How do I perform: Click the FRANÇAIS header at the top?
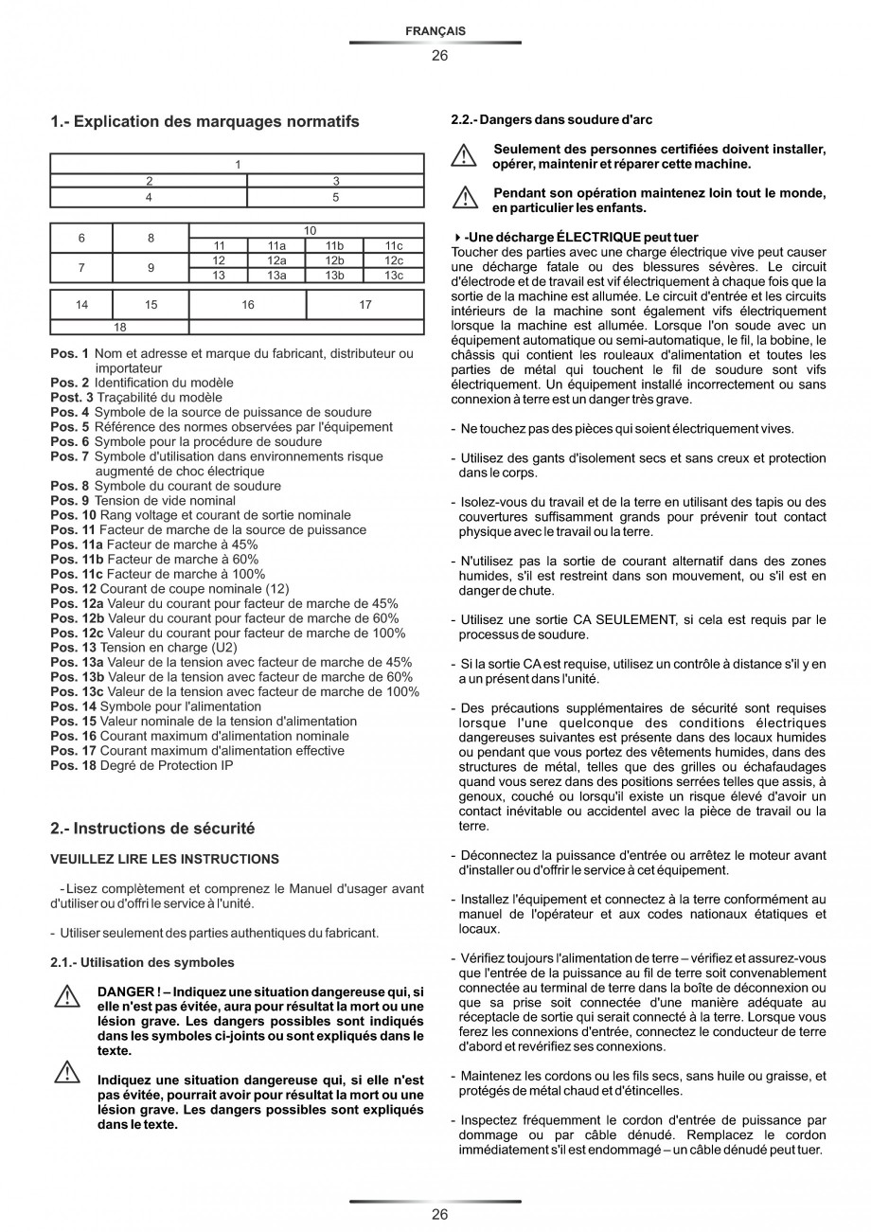[435, 31]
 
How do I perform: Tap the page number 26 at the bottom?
[439, 1215]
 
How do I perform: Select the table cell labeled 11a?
[276, 245]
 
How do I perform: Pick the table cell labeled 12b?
[335, 260]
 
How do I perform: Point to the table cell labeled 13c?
[394, 276]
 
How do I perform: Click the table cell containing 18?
[120, 328]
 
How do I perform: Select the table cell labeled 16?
[248, 305]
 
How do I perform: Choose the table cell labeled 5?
[335, 198]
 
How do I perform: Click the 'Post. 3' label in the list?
[72, 398]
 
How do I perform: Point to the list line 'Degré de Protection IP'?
[167, 765]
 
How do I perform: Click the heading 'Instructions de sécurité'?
[152, 829]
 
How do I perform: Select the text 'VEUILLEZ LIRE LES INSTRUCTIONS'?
[165, 859]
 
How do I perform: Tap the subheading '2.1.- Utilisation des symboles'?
[142, 962]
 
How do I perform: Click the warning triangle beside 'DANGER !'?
[66, 997]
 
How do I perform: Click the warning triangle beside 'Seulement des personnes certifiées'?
[464, 155]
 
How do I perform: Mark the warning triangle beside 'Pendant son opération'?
[464, 199]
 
